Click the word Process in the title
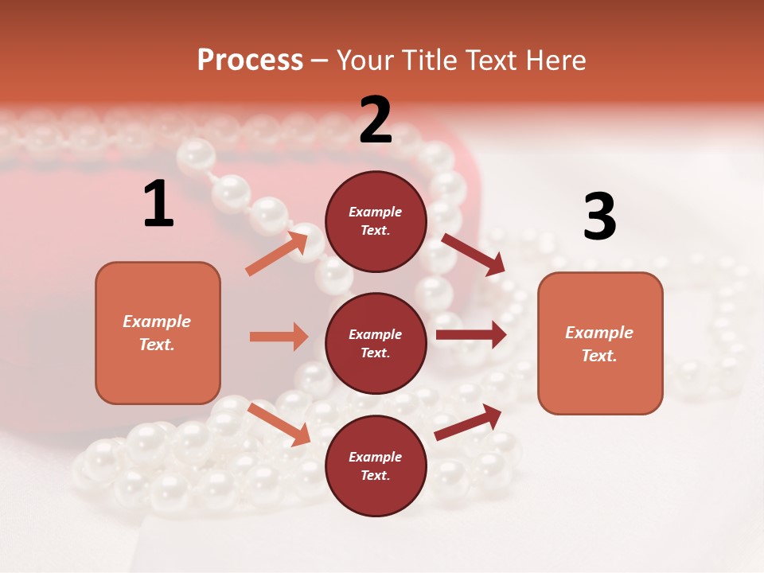click(x=250, y=60)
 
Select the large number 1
click(x=158, y=205)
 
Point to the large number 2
click(x=376, y=120)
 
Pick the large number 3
click(x=599, y=216)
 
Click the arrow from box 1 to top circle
click(x=277, y=252)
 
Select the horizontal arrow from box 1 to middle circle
click(x=279, y=337)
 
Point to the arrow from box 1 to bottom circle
click(x=279, y=424)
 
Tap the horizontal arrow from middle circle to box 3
click(x=470, y=335)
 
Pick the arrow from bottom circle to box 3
click(x=468, y=422)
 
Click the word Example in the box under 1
click(x=157, y=322)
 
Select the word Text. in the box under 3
click(x=599, y=356)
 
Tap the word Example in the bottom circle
click(x=376, y=457)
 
